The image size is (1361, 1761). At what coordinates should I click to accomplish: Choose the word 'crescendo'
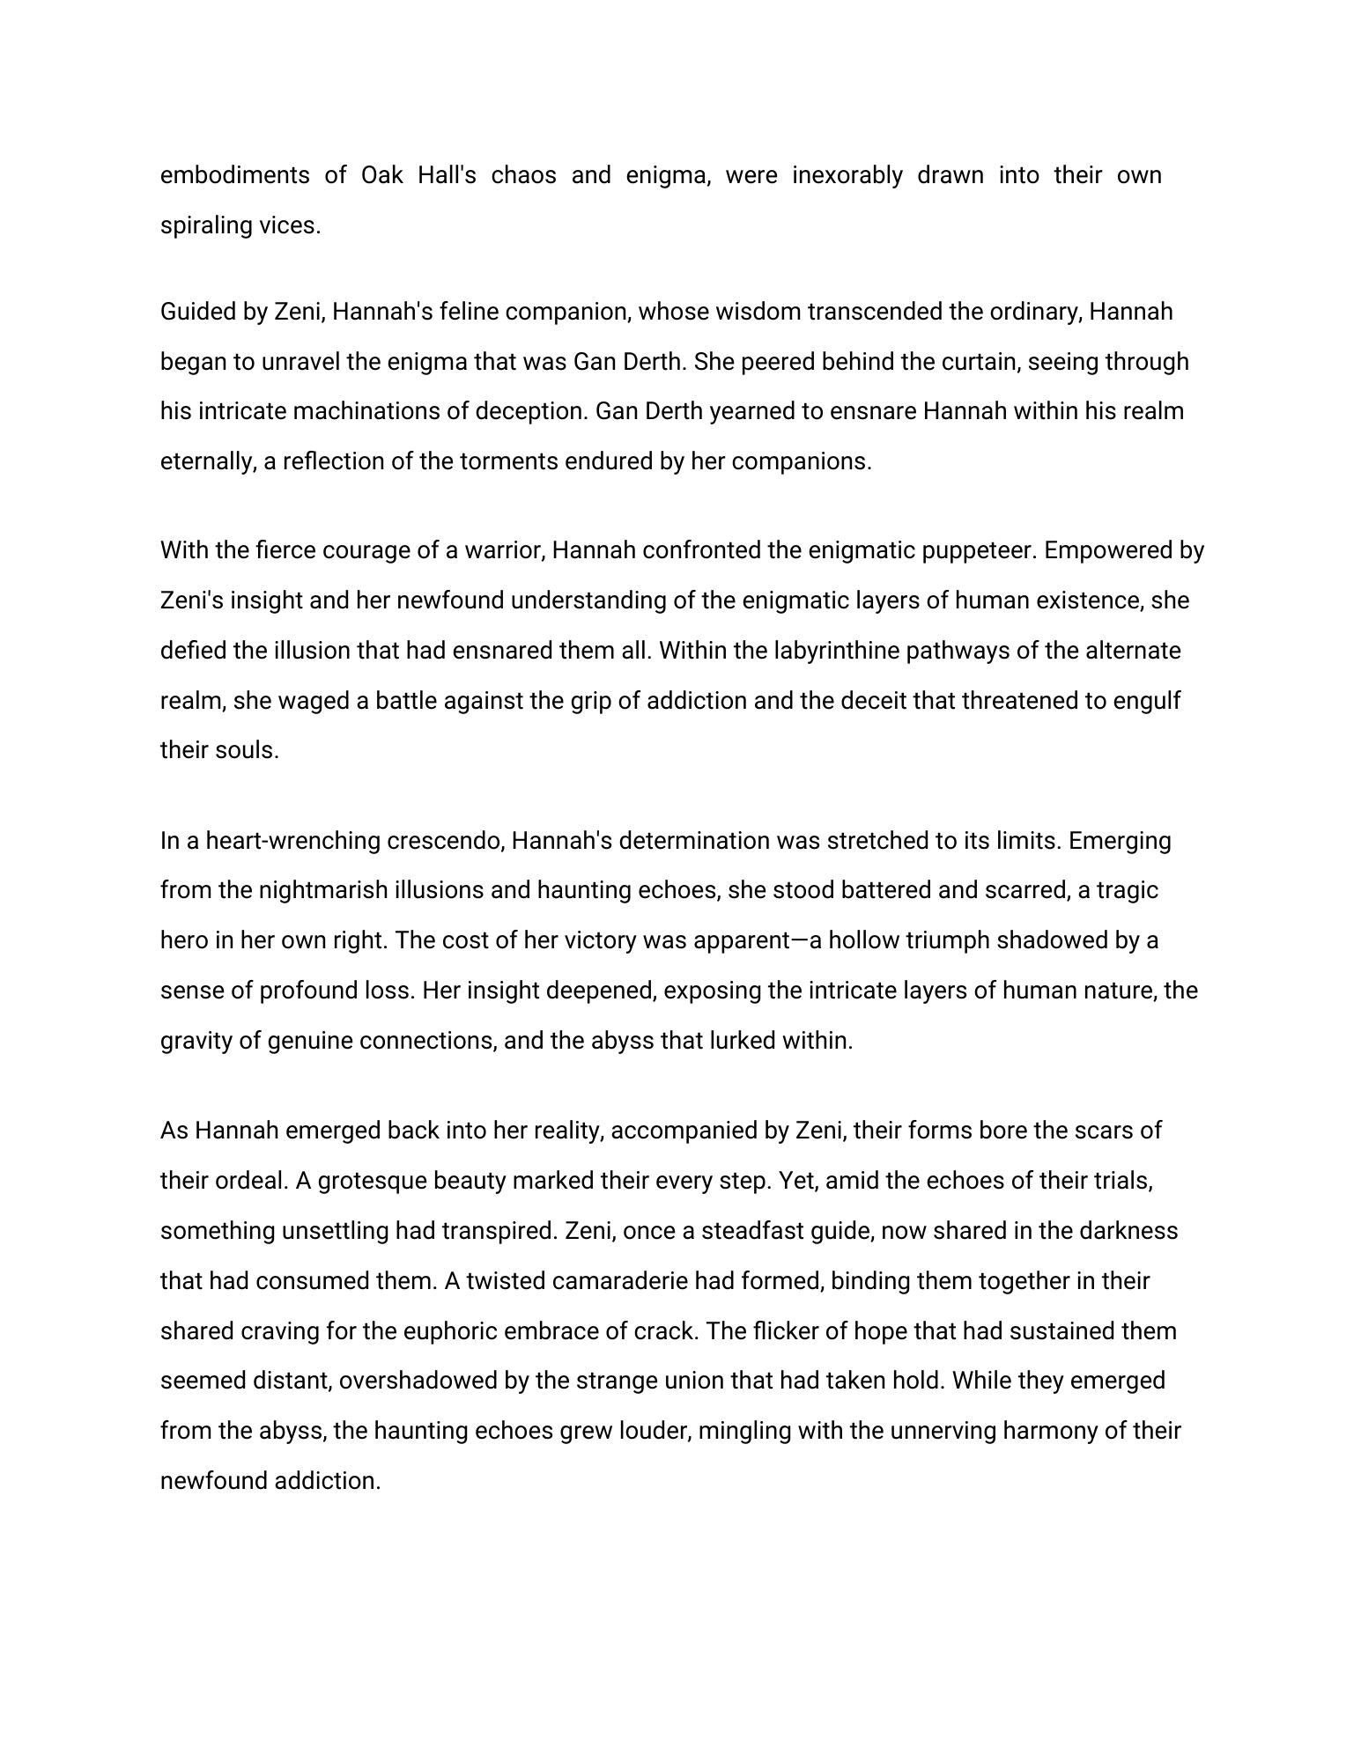point(446,841)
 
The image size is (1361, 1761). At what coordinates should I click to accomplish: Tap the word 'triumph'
point(951,940)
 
